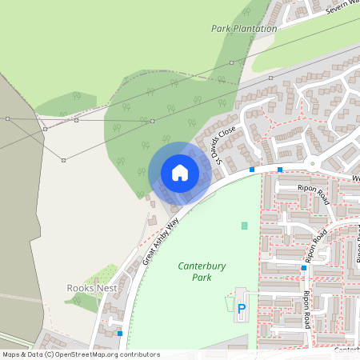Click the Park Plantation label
(x=242, y=28)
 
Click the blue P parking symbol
(x=242, y=308)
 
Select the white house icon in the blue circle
(x=179, y=173)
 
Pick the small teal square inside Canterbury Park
(x=245, y=226)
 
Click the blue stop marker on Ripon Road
(x=304, y=268)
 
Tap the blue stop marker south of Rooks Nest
(x=120, y=333)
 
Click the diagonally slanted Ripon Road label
(x=316, y=246)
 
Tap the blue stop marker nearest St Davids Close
(x=251, y=170)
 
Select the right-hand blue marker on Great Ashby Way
(x=280, y=170)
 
